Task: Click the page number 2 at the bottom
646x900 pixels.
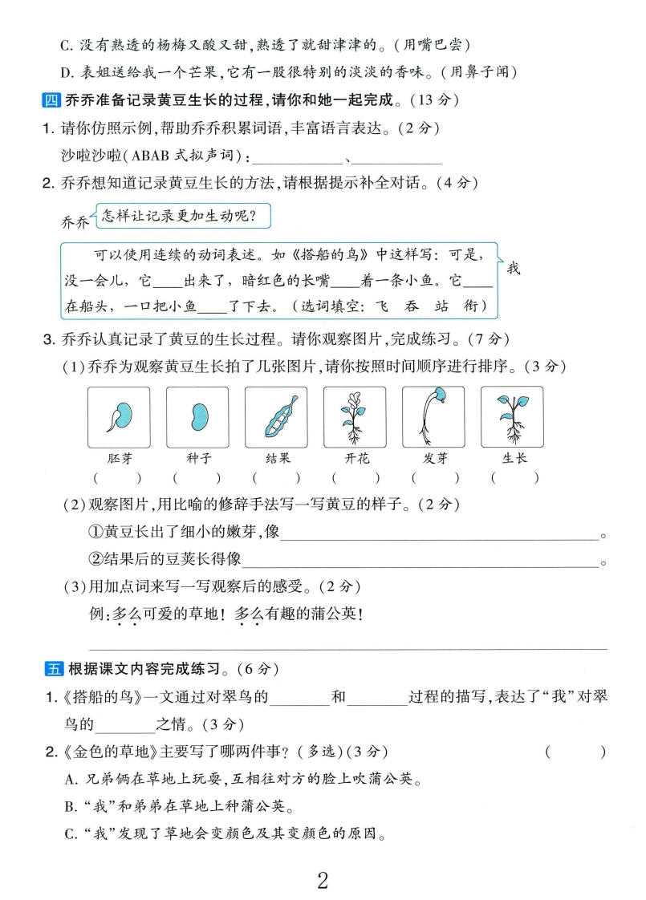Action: coord(323,880)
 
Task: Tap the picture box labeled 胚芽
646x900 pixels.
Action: coord(119,417)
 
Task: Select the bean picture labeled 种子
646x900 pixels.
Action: coord(197,417)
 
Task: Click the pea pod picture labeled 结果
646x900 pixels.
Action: coord(276,417)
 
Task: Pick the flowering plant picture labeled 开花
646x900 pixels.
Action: coord(355,417)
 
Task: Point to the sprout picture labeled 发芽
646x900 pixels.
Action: coord(433,417)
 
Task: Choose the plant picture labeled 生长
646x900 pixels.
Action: coord(512,417)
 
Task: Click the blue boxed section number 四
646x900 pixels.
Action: coord(50,100)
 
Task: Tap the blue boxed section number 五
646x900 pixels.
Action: coord(54,668)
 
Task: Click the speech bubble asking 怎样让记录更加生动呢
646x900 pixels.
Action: coord(182,215)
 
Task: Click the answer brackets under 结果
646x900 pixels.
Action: coord(276,478)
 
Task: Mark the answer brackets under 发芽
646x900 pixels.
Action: coord(434,478)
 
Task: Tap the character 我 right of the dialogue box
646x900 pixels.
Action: coord(514,268)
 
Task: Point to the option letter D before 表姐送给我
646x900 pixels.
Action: coord(67,71)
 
